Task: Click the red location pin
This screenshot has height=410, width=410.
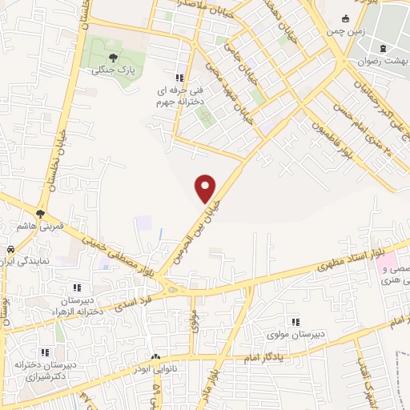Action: (207, 188)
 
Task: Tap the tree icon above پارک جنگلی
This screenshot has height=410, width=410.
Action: (113, 58)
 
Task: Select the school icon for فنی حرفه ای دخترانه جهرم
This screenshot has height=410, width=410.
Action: (180, 78)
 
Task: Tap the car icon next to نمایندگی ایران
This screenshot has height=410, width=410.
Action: (12, 248)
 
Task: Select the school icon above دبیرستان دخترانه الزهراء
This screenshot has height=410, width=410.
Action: (78, 287)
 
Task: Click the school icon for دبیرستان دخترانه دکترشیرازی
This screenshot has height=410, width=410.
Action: (46, 352)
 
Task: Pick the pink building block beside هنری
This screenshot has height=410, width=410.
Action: (387, 263)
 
